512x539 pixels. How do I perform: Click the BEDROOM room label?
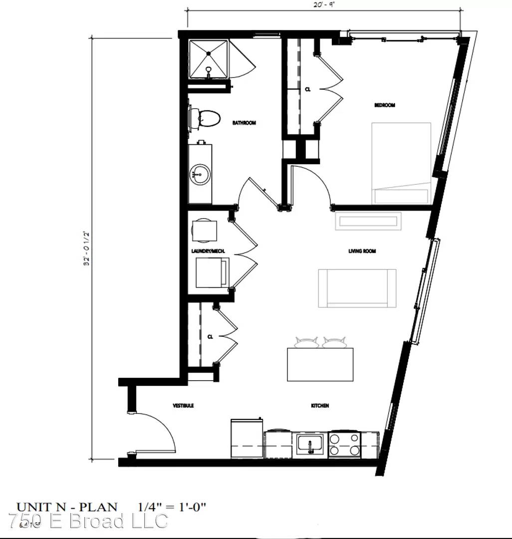pyautogui.click(x=385, y=105)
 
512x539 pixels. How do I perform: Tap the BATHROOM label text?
pyautogui.click(x=244, y=123)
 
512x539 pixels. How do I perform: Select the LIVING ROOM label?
pyautogui.click(x=362, y=251)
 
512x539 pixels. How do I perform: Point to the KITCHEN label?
pyautogui.click(x=320, y=406)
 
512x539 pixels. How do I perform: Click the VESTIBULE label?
pyautogui.click(x=183, y=406)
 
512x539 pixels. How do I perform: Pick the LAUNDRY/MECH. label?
pyautogui.click(x=208, y=251)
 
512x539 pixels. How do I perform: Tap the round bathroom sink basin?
pyautogui.click(x=199, y=175)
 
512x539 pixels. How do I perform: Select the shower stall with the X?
pyautogui.click(x=208, y=59)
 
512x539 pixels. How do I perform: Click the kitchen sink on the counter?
pyautogui.click(x=310, y=444)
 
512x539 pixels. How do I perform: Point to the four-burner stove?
pyautogui.click(x=345, y=444)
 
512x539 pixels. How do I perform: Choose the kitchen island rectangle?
pyautogui.click(x=320, y=364)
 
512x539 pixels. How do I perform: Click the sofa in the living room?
pyautogui.click(x=357, y=288)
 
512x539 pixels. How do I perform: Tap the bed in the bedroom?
pyautogui.click(x=401, y=163)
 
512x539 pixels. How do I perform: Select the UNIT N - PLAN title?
pyautogui.click(x=67, y=507)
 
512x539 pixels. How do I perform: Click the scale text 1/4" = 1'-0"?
pyautogui.click(x=172, y=507)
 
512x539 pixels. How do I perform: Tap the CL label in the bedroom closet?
pyautogui.click(x=308, y=89)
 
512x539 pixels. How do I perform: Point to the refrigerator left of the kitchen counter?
pyautogui.click(x=247, y=439)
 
